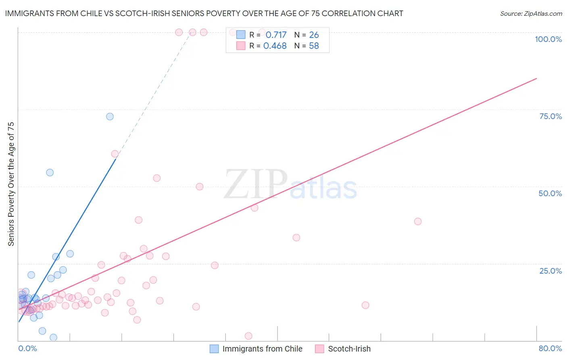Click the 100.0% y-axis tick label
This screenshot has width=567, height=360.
[548, 39]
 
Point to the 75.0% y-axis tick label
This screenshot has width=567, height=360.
[550, 116]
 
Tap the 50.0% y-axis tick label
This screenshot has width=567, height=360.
[550, 193]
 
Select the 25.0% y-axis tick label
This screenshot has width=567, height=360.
[550, 271]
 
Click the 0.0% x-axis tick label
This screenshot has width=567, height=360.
[27, 348]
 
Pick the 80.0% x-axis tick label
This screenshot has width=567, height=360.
[550, 348]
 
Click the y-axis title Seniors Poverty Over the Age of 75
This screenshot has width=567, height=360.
[11, 184]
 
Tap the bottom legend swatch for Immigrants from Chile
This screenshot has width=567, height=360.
[214, 349]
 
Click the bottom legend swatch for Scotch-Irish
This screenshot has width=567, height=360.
[320, 349]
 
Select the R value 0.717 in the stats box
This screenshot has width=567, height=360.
[276, 35]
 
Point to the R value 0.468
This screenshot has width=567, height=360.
[275, 46]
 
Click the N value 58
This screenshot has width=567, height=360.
[314, 46]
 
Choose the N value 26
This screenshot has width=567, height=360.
[314, 35]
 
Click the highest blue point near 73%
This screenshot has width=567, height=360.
[110, 117]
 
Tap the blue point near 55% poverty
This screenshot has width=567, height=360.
[50, 173]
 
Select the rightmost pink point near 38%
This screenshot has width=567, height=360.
[418, 222]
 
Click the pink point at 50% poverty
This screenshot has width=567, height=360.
[200, 187]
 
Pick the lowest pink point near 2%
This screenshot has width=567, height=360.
[248, 336]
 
